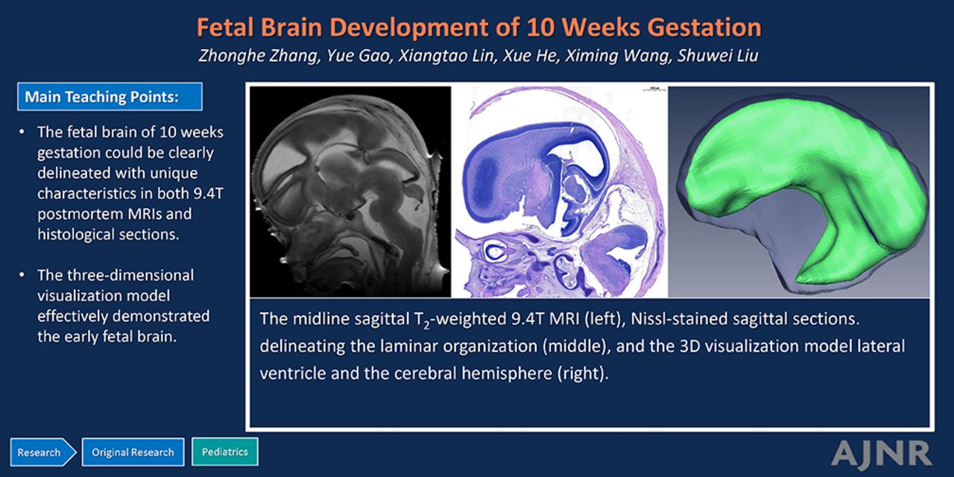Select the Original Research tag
[133, 452]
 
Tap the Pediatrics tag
[225, 452]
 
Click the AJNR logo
[881, 453]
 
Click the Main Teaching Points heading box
[110, 97]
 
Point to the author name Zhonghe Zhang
[259, 56]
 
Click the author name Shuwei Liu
[718, 56]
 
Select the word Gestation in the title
[704, 28]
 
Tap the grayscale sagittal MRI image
[350, 192]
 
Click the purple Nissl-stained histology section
[559, 192]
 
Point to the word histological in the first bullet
[76, 234]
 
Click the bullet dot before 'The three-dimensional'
[22, 276]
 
